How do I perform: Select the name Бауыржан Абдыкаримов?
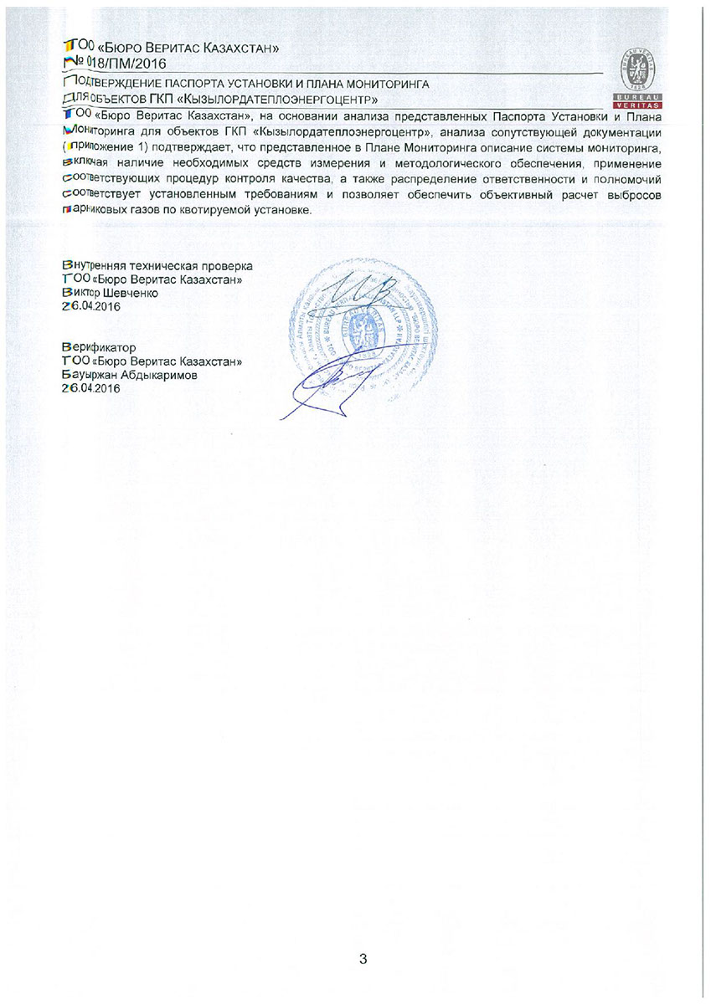[131, 375]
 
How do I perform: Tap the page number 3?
[363, 959]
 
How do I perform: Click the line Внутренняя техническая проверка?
[157, 265]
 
